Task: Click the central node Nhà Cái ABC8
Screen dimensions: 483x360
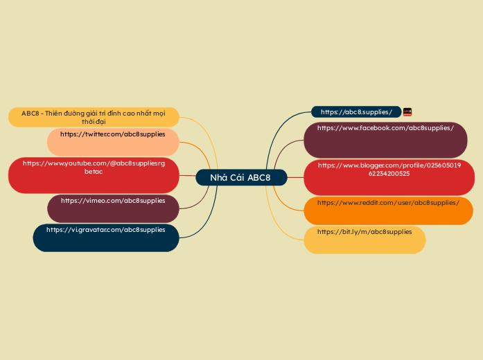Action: point(240,178)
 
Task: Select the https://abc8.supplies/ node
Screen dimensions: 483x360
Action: point(356,112)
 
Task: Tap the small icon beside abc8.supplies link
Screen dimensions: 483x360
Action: point(407,112)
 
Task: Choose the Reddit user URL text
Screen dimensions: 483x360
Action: point(388,203)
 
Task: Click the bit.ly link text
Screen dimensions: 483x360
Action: point(364,232)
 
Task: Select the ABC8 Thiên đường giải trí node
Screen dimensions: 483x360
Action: point(94,117)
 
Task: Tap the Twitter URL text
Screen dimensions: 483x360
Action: point(112,134)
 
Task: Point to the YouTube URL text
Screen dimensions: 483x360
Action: point(94,167)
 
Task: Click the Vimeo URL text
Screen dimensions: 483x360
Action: point(113,201)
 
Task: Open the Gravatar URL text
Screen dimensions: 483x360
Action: point(105,229)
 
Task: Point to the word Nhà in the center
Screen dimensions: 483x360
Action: point(218,178)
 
